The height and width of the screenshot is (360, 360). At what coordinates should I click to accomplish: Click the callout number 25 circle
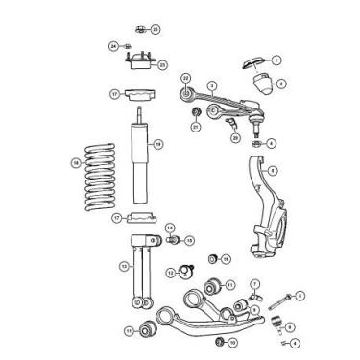[x=156, y=30]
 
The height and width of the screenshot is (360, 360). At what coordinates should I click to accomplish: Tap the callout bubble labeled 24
[x=112, y=46]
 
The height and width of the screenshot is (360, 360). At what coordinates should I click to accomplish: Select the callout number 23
[x=161, y=65]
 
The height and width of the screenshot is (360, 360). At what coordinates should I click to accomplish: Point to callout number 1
[x=276, y=60]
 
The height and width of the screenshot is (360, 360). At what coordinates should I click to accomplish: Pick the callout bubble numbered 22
[x=186, y=78]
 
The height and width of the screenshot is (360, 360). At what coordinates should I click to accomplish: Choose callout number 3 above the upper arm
[x=211, y=85]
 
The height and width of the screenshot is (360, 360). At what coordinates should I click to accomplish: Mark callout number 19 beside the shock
[x=158, y=144]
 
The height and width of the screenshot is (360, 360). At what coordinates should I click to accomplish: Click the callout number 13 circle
[x=124, y=266]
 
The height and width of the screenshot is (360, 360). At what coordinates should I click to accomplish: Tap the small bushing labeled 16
[x=213, y=259]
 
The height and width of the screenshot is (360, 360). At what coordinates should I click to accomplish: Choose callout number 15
[x=189, y=240]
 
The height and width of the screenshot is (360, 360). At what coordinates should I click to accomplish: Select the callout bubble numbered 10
[x=231, y=341]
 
